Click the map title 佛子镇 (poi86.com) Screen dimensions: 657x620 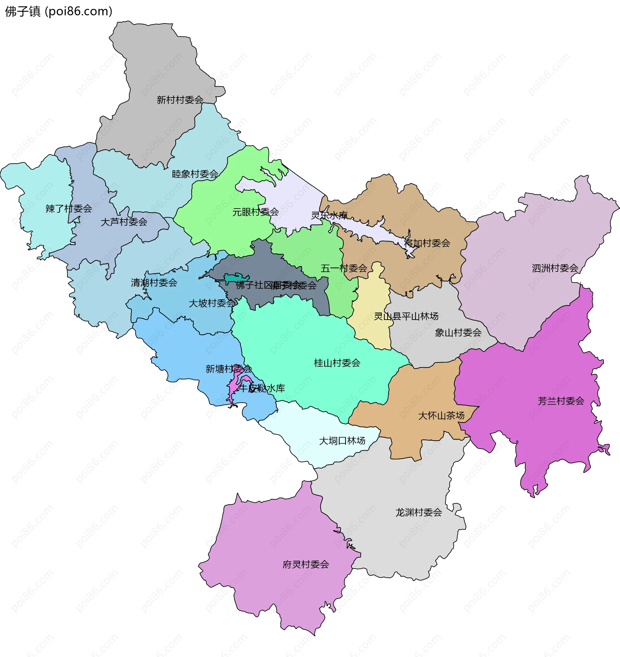click(x=59, y=11)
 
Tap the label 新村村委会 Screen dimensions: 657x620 click(x=180, y=100)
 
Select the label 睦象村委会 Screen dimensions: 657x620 click(x=195, y=174)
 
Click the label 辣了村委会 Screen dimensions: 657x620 click(x=69, y=209)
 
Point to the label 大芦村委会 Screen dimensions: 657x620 click(x=124, y=222)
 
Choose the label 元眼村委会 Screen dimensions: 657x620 click(x=255, y=212)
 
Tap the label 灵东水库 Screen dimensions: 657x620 click(x=329, y=215)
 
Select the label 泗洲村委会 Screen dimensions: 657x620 click(x=555, y=268)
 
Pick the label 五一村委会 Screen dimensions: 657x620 click(x=344, y=268)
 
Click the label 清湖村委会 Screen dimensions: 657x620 click(x=154, y=282)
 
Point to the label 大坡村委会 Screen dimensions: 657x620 click(x=212, y=303)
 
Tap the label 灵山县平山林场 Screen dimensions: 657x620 click(x=406, y=316)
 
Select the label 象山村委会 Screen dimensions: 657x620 click(x=458, y=333)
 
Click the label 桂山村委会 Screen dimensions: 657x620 click(x=337, y=363)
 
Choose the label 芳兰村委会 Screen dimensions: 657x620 click(x=561, y=401)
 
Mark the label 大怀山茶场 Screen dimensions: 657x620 click(x=441, y=416)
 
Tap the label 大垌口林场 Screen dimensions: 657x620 click(x=342, y=441)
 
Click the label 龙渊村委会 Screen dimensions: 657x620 click(x=419, y=513)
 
